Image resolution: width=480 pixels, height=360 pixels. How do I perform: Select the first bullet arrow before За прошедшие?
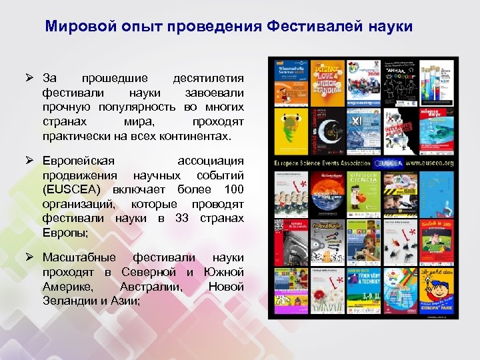(30, 79)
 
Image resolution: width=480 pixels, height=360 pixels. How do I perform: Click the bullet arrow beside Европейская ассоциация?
(30, 161)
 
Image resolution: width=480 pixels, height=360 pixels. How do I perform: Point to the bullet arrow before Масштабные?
(30, 257)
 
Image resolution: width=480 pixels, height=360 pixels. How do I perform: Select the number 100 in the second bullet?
(232, 189)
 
